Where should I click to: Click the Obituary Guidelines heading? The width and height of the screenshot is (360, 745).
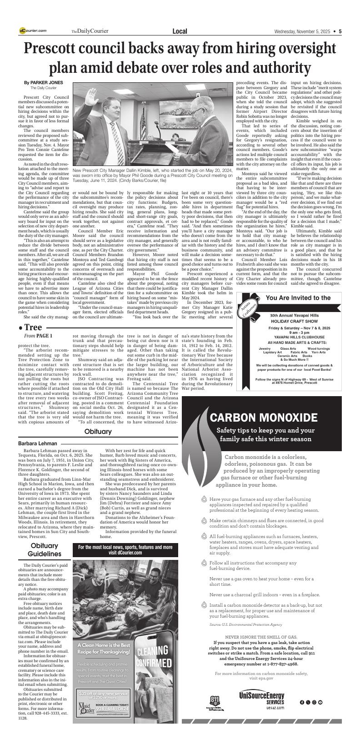point(45,549)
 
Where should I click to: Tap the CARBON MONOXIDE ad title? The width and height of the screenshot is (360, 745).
point(263,418)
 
